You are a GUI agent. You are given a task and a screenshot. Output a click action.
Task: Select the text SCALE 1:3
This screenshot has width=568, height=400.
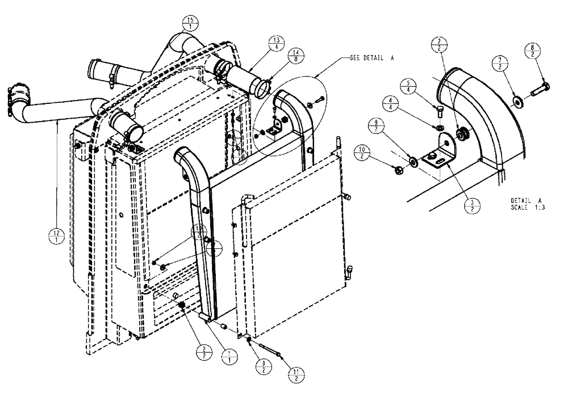tap(528, 207)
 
